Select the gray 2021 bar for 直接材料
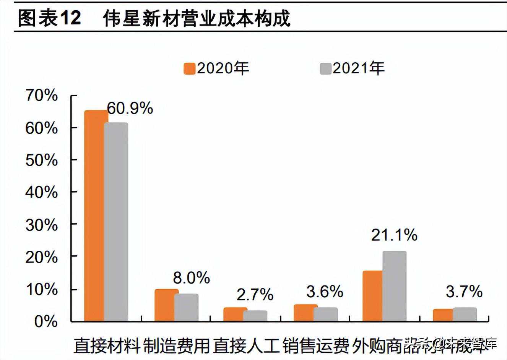coord(116,222)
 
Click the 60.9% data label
coord(130,109)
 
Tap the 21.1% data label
coord(394,235)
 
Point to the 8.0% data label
coord(191,278)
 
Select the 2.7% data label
coord(255,295)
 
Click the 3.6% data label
coord(325,292)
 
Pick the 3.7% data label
coord(464,292)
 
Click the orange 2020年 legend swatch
coord(190,69)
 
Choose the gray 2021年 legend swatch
coord(325,69)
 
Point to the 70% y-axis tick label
coord(42,95)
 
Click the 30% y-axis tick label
coord(42,225)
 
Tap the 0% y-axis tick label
coord(46,322)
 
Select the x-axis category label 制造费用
coord(177,346)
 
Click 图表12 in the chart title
coord(50,18)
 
